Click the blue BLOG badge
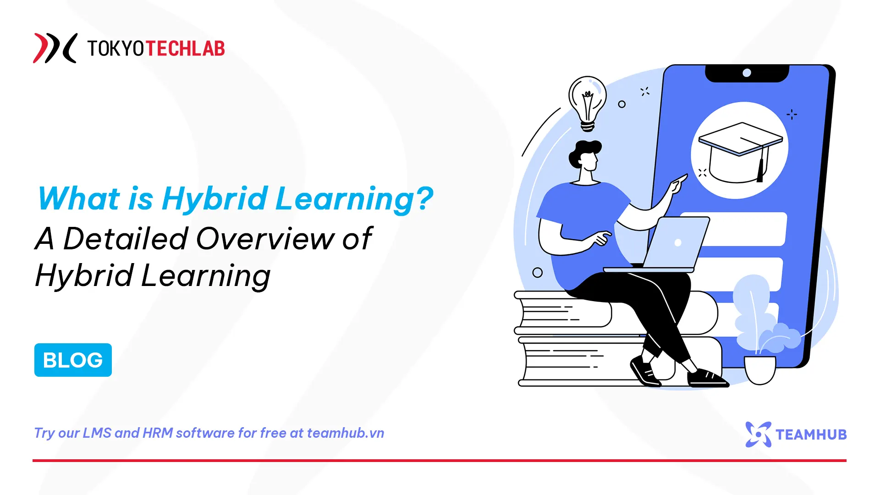click(73, 360)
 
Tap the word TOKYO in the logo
click(115, 48)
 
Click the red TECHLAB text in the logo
click(185, 48)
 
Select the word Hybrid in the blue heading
click(214, 199)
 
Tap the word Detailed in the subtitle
click(126, 239)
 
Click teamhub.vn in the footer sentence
click(345, 433)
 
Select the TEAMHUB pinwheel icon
click(758, 434)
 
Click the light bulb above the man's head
click(587, 101)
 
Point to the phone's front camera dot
click(747, 73)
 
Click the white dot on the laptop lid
click(678, 242)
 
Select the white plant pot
click(759, 370)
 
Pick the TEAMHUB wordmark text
click(811, 434)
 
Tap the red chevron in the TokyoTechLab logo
click(43, 48)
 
